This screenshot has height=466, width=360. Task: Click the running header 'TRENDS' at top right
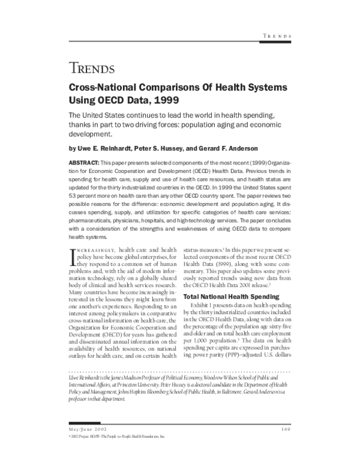[x=277, y=37]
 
